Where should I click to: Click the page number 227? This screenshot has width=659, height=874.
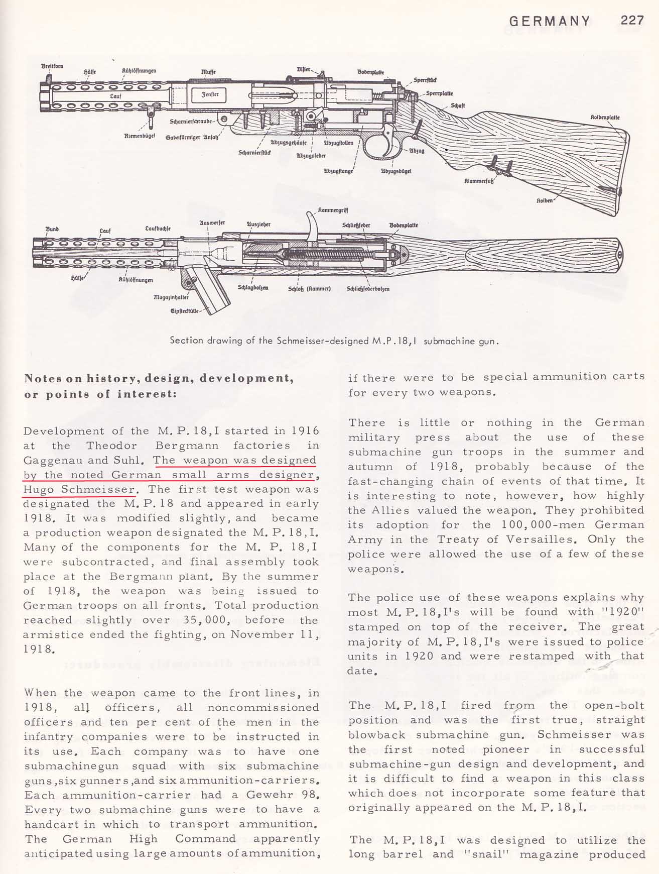(x=632, y=21)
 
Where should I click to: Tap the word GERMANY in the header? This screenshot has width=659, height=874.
(x=550, y=21)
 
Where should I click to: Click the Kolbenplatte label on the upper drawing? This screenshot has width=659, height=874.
(x=605, y=118)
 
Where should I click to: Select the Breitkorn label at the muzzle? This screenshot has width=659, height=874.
(x=52, y=66)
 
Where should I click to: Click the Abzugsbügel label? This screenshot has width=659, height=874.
(x=396, y=171)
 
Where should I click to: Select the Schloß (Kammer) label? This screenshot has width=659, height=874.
(x=309, y=289)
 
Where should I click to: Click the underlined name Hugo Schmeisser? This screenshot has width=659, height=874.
(x=80, y=489)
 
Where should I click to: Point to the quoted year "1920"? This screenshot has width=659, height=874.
(x=625, y=612)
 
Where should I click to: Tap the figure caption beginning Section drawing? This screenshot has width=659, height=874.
(x=334, y=341)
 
